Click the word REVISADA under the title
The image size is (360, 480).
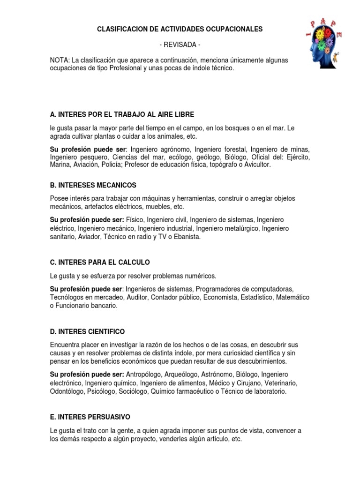point(180,45)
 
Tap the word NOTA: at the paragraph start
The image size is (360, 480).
point(60,60)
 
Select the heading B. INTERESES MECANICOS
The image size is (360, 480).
point(93,185)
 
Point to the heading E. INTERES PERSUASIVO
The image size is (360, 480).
point(90,417)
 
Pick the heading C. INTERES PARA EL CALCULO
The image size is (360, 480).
point(100,262)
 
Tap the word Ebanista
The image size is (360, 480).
point(187,237)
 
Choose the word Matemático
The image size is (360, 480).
point(292,297)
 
